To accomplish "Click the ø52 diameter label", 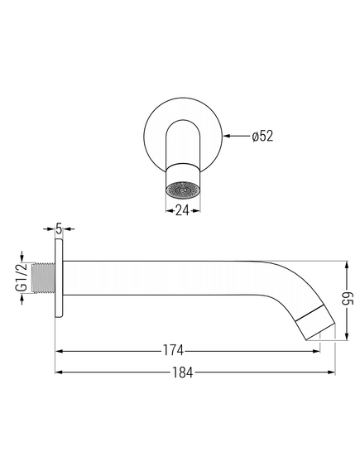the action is [x=263, y=136].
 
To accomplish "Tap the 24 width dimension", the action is [x=183, y=211].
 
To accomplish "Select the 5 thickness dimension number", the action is [x=59, y=229].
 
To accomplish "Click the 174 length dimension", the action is [x=173, y=350].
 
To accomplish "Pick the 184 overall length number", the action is [x=183, y=372].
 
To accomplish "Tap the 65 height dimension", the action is [x=348, y=301].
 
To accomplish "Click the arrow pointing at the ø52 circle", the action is [x=238, y=136].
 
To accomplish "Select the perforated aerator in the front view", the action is [x=183, y=190].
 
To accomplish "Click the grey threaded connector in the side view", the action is [x=44, y=278].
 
